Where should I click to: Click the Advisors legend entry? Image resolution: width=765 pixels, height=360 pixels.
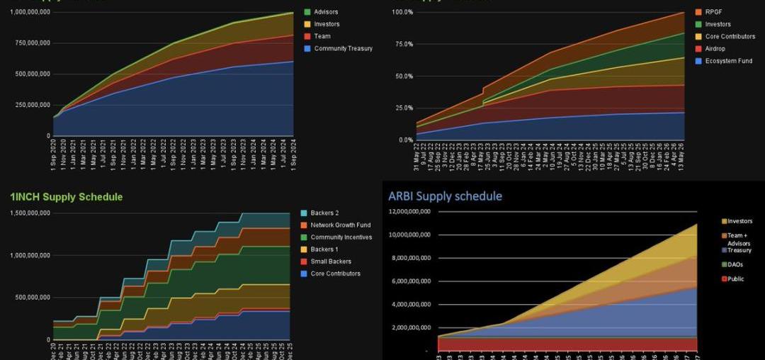(326, 12)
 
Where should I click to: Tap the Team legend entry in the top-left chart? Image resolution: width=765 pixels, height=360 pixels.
(322, 36)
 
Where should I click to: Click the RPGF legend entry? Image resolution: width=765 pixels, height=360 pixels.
(715, 12)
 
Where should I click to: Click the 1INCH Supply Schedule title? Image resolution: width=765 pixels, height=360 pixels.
(67, 196)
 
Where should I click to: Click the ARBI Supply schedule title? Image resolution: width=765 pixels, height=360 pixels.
(445, 196)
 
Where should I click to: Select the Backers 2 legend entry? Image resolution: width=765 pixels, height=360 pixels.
(325, 213)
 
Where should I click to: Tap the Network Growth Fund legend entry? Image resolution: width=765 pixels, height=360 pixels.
(340, 225)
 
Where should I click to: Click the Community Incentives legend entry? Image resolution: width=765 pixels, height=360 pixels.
(341, 237)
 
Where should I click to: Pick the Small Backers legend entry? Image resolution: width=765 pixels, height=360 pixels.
(330, 261)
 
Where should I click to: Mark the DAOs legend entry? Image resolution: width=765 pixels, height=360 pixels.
(735, 264)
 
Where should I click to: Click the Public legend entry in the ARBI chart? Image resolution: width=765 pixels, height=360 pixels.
(735, 279)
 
